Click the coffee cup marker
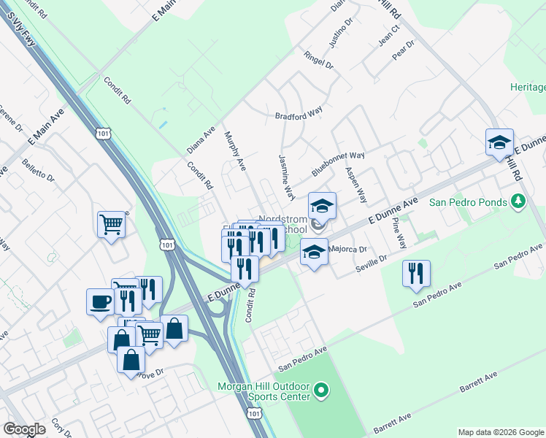(x=100, y=301)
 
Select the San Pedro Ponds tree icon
(x=518, y=201)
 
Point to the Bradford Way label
(x=299, y=115)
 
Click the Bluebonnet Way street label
(x=338, y=160)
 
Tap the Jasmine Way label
(x=286, y=177)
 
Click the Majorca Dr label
(x=347, y=249)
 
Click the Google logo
(x=24, y=429)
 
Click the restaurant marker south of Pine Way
(x=416, y=274)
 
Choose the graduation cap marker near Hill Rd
(x=500, y=142)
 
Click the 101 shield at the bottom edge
(x=253, y=414)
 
